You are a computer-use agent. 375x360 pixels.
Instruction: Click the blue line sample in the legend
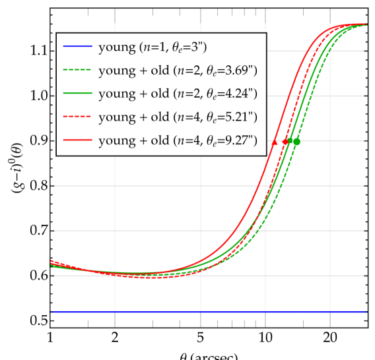tap(77, 46)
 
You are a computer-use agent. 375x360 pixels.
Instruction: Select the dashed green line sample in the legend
tap(77, 70)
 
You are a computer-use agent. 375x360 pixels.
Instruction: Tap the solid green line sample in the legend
tap(77, 94)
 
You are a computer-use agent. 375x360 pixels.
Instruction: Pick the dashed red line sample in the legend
tap(77, 117)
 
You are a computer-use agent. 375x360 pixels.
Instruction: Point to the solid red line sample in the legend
tap(77, 141)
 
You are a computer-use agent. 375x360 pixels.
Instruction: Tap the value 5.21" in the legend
tap(240, 117)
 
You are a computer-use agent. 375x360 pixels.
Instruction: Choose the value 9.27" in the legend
tap(240, 140)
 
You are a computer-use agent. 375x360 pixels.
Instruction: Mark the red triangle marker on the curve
tap(275, 142)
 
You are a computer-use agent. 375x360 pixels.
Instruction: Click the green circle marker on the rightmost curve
tap(297, 142)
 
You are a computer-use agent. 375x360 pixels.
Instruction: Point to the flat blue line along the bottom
tap(198, 312)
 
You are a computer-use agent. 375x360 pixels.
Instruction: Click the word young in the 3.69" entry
tap(114, 70)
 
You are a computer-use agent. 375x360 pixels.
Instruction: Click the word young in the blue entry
tap(114, 46)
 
